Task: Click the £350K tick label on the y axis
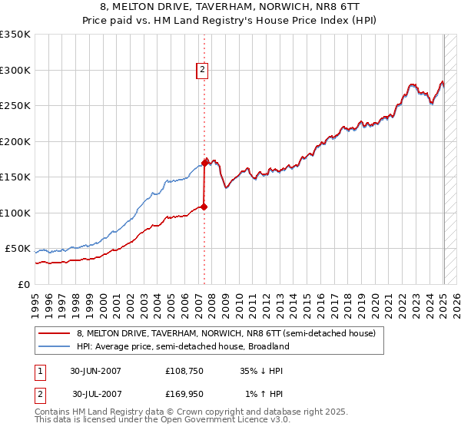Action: click(x=15, y=35)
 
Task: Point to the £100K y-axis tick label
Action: click(x=15, y=213)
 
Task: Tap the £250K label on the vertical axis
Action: click(x=15, y=106)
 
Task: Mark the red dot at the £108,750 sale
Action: click(x=204, y=207)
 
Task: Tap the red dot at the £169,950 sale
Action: click(x=205, y=163)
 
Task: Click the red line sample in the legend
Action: click(x=55, y=333)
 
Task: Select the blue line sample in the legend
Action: click(x=55, y=346)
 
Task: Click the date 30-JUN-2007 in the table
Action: click(x=96, y=371)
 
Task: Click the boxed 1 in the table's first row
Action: click(x=39, y=371)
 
